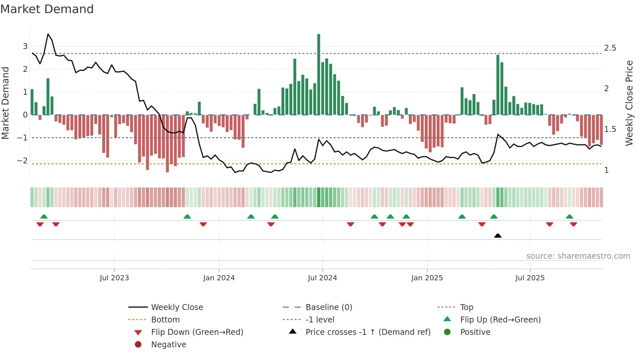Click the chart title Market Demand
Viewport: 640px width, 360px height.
click(47, 9)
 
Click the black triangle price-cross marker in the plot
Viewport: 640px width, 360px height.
click(498, 236)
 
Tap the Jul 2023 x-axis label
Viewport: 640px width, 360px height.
click(114, 278)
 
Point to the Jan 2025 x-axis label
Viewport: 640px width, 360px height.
click(427, 278)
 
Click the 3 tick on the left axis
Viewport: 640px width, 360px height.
click(25, 46)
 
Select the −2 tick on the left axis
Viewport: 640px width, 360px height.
click(23, 160)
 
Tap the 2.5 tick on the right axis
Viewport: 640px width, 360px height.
click(610, 48)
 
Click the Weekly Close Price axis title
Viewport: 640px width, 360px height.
click(629, 103)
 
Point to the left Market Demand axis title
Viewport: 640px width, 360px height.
click(6, 103)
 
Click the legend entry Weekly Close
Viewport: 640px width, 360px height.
click(177, 307)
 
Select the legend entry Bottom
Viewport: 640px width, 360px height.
click(165, 320)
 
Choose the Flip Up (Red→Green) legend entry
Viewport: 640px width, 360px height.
click(500, 320)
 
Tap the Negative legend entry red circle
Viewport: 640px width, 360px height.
click(138, 345)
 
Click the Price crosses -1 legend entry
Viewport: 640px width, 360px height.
click(368, 332)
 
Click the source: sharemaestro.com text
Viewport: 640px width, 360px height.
click(578, 256)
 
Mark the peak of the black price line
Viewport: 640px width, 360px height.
click(48, 34)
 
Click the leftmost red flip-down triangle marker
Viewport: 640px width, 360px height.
click(40, 224)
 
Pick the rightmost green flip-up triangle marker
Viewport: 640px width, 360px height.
click(569, 217)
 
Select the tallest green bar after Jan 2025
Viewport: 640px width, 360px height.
click(498, 85)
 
